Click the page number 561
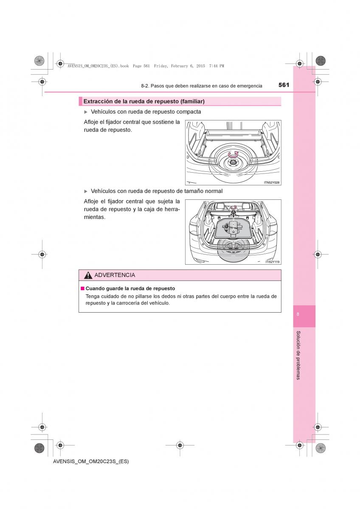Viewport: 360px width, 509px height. (284, 85)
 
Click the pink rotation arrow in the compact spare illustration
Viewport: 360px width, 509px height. (233, 155)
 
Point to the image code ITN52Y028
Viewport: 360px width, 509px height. (271, 182)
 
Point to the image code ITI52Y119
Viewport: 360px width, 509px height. (272, 262)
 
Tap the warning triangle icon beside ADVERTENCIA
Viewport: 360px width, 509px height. (88, 275)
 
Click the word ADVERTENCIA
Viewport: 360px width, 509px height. (115, 275)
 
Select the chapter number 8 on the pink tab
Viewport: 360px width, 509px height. (298, 314)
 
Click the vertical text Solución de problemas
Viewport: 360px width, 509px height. (298, 355)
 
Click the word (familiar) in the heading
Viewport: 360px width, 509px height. (192, 101)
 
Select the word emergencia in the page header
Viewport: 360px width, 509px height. (250, 86)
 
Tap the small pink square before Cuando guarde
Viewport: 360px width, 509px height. (83, 288)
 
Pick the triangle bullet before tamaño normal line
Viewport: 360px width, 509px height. (86, 191)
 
